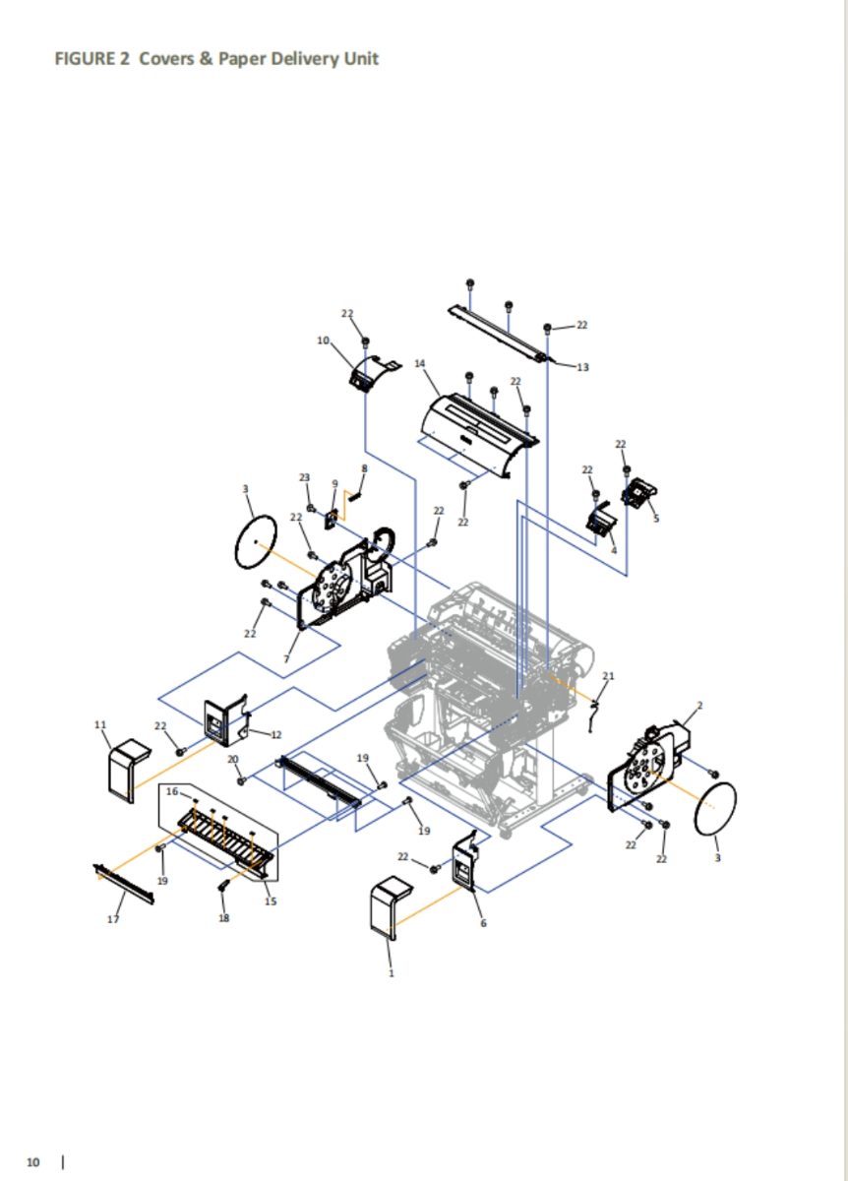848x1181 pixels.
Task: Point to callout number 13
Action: tap(582, 367)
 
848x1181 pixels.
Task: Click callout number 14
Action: tap(419, 363)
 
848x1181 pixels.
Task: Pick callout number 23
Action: tap(305, 477)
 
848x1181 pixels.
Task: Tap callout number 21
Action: tap(608, 675)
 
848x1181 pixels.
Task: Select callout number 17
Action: tap(113, 919)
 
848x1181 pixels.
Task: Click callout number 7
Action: tap(286, 659)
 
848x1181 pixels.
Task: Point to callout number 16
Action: tap(172, 791)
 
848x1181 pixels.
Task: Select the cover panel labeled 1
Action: tap(388, 907)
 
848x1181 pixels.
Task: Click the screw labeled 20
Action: tap(242, 780)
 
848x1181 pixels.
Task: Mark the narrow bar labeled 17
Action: tap(123, 884)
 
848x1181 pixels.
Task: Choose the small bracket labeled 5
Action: tap(639, 492)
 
